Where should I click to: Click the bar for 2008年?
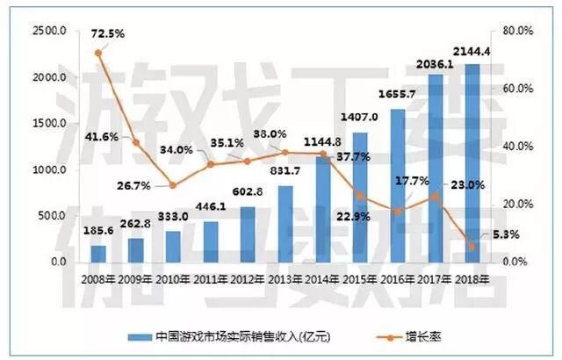[x=98, y=253]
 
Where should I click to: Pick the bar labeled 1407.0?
[x=360, y=198]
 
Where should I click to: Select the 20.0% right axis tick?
[x=518, y=205]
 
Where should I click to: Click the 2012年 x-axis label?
[x=248, y=280]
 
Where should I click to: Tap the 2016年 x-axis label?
[x=397, y=280]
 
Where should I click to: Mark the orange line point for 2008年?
[x=98, y=53]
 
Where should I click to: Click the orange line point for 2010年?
[x=173, y=185]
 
